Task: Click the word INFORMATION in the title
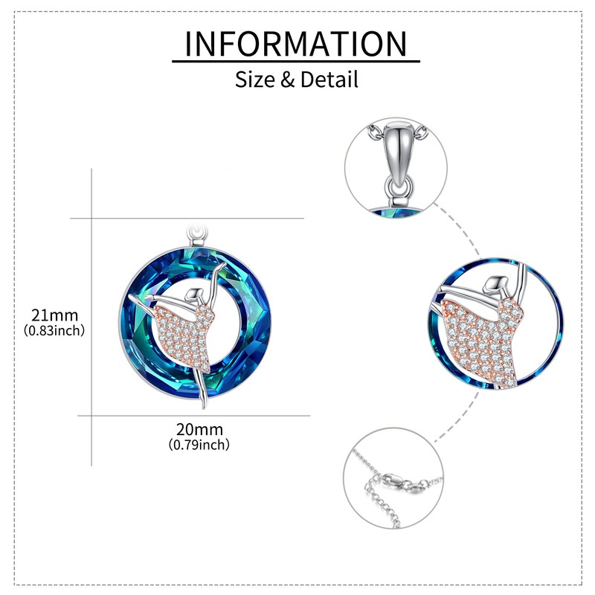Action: [296, 44]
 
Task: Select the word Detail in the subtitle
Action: [329, 79]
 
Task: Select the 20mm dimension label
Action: [199, 429]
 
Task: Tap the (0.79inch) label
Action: [199, 445]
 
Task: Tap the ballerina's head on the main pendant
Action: [194, 295]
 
